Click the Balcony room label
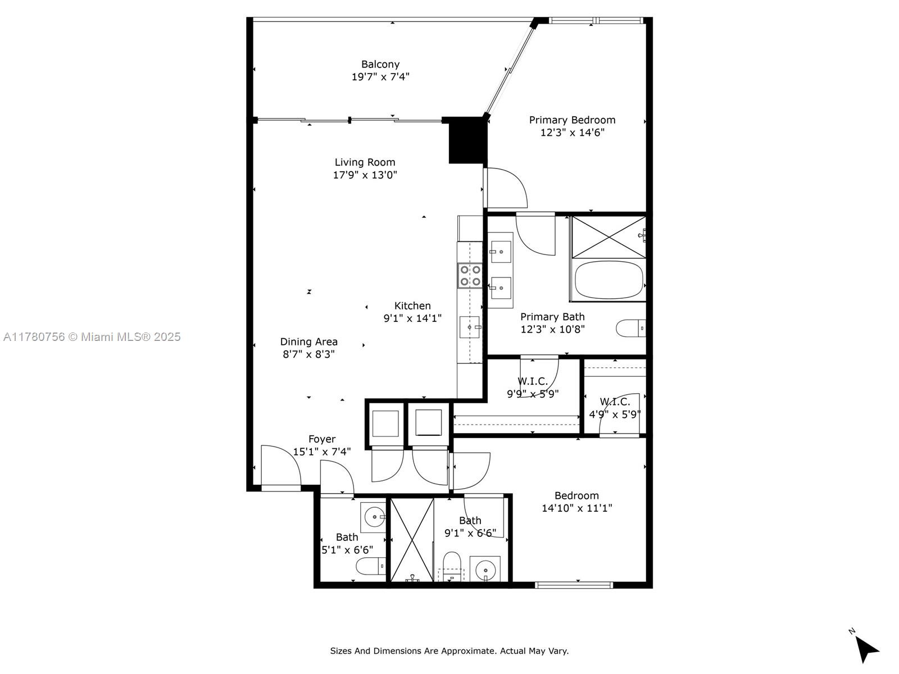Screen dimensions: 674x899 380,65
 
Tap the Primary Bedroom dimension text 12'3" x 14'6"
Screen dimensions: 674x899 572,133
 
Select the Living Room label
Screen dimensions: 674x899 365,162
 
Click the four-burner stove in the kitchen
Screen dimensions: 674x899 470,276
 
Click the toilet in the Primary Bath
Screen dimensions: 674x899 630,327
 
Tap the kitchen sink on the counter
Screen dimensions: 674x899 470,327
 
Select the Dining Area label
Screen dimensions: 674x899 309,341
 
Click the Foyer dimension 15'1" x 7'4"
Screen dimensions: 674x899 321,452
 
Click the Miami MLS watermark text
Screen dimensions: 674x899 92,337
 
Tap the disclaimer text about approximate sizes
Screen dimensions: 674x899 449,651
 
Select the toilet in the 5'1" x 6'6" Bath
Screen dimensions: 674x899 371,566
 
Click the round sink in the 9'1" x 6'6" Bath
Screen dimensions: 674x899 484,571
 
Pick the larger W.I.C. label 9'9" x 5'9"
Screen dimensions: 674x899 532,394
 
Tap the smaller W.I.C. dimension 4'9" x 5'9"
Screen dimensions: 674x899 615,415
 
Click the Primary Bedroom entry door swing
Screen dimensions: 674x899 506,188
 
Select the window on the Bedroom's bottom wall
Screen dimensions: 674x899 573,585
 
